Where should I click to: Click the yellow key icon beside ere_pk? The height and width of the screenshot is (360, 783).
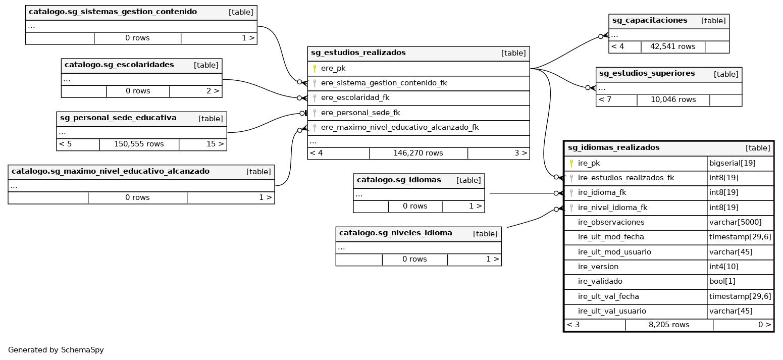(315, 68)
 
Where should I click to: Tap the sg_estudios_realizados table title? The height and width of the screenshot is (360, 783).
(358, 53)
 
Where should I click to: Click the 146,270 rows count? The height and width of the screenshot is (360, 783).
(418, 153)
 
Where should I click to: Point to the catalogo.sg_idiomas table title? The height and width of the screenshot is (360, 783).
(399, 180)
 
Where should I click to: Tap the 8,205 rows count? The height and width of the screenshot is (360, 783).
(669, 325)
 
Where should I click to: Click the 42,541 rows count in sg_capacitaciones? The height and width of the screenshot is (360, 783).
(672, 46)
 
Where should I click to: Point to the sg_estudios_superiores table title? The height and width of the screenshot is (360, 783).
(647, 73)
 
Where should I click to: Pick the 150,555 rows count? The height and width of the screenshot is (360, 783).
(139, 144)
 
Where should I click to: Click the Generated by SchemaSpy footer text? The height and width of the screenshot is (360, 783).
(56, 349)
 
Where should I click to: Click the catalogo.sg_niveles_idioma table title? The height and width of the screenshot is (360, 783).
(395, 233)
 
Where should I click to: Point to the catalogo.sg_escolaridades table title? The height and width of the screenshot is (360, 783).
(119, 65)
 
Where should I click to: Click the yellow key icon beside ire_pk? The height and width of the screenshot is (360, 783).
(571, 163)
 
